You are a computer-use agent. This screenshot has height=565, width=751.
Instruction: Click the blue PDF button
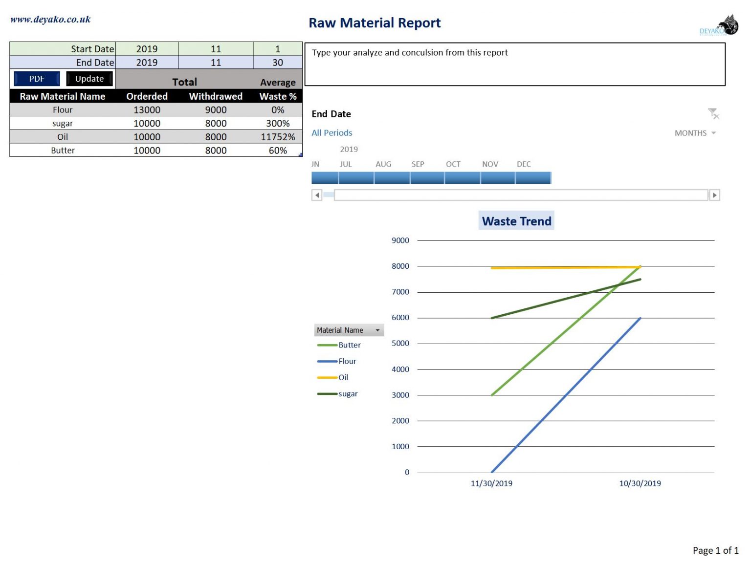click(x=37, y=79)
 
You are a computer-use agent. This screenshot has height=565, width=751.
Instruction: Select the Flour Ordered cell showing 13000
click(x=147, y=110)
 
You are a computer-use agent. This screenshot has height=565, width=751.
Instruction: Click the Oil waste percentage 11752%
click(x=278, y=137)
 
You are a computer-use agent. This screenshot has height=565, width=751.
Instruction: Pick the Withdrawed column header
click(x=216, y=96)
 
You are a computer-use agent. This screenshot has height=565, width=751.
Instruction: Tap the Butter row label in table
click(x=63, y=151)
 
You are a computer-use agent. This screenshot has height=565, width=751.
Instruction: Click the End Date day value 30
click(x=277, y=63)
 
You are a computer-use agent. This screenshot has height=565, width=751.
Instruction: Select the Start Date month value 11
click(x=216, y=49)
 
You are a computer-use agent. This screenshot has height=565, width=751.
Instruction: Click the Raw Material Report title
click(x=375, y=23)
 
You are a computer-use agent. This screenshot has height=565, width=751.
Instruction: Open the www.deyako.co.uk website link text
click(x=50, y=20)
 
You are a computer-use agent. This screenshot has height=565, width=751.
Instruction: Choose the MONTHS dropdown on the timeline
click(x=695, y=133)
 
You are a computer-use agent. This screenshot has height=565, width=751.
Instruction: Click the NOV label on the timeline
click(x=490, y=164)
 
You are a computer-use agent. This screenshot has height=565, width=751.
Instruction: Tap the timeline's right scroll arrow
click(x=714, y=195)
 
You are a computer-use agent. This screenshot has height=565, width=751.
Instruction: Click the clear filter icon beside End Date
click(x=713, y=114)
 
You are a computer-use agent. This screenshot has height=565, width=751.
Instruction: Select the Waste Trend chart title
click(x=516, y=221)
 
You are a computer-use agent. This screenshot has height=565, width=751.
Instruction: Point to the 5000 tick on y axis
click(x=400, y=344)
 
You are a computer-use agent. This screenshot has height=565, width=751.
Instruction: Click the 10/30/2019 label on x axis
click(x=640, y=483)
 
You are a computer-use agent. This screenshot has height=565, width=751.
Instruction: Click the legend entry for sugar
click(x=348, y=394)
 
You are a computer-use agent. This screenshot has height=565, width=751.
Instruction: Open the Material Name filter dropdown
click(x=377, y=330)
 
